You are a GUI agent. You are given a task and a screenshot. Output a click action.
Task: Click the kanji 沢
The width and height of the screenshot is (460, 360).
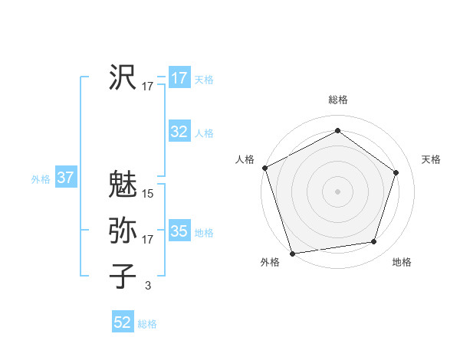123,77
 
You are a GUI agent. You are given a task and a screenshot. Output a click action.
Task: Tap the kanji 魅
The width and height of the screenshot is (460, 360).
123,185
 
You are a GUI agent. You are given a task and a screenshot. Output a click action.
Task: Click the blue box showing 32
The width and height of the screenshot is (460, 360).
179,132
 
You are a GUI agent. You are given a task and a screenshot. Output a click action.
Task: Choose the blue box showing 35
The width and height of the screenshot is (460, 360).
179,231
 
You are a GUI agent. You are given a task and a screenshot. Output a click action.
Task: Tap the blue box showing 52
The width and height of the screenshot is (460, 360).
123,322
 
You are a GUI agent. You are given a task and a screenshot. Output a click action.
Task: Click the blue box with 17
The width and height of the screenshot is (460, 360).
179,78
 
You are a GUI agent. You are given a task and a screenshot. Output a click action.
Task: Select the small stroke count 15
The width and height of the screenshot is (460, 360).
148,194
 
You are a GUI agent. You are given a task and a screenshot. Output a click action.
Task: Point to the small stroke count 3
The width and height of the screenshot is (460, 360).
148,286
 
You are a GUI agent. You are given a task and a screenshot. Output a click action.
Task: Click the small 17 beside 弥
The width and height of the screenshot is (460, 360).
148,240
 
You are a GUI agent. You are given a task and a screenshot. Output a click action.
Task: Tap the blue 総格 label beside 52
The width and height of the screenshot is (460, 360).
147,324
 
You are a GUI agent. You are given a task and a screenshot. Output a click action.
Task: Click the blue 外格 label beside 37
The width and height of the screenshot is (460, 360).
41,179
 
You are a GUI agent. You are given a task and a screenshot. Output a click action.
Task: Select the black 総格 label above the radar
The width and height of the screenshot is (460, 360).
337,100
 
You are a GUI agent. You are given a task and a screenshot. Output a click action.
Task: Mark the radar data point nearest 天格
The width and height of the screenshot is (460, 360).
396,172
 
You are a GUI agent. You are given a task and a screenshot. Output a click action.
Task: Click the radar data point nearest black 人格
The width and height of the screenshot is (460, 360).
264,168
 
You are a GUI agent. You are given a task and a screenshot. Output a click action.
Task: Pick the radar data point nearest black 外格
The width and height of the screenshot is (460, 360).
293,253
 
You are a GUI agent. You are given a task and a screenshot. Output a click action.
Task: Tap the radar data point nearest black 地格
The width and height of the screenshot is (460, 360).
373,242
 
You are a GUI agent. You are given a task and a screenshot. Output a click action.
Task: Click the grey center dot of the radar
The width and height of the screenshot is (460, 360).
337,191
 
